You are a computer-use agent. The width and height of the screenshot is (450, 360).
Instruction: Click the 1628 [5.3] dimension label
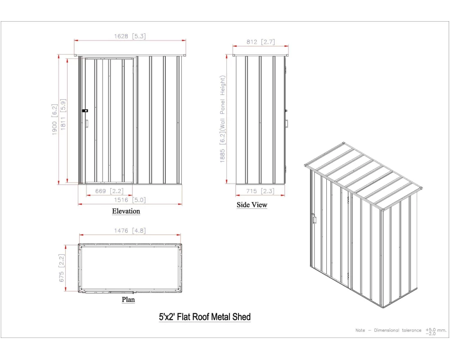point(130,36)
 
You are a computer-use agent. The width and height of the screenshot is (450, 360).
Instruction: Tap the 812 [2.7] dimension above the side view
point(261,42)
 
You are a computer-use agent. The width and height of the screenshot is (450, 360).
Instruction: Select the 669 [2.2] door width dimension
point(109,191)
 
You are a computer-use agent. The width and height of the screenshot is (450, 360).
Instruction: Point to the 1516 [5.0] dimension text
point(130,200)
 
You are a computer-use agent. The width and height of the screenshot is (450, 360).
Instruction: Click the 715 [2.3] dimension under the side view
point(260,191)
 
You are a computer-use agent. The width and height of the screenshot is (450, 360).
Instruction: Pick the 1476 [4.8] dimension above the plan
point(130,230)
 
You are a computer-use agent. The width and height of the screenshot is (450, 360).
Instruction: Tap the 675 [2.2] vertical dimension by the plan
point(61,268)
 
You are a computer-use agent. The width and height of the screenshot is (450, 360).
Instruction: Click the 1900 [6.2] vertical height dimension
point(54,119)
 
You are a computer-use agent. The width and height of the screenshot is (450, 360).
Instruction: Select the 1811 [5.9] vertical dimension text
point(63,115)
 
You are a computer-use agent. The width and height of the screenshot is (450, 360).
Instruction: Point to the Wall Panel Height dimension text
point(223,119)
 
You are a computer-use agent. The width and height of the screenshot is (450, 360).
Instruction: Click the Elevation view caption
point(126,211)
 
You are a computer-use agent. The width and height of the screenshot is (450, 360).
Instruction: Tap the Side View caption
point(252,205)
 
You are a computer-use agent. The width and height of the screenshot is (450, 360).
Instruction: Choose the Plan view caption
point(128,300)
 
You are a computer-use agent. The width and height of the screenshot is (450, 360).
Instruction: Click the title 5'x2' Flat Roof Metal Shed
point(205,317)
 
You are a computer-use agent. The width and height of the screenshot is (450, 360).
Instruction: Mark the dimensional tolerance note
point(401,331)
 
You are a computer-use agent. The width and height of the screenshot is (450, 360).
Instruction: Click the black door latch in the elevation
point(85,111)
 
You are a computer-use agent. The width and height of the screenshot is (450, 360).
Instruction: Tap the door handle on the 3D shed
point(314,219)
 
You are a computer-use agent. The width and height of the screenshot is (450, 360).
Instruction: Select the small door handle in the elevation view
point(87,123)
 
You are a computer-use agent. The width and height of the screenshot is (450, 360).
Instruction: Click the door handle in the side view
point(286,123)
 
